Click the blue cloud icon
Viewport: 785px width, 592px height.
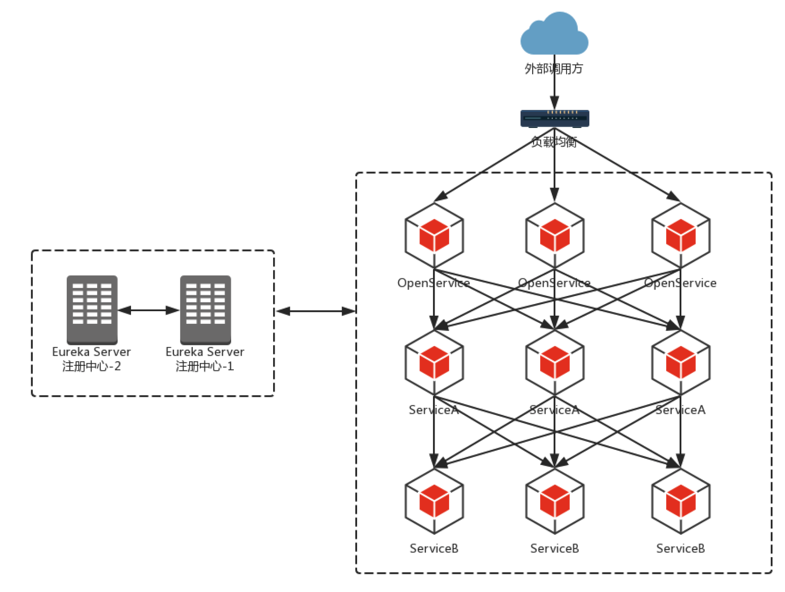(554, 34)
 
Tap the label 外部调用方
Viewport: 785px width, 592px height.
(554, 68)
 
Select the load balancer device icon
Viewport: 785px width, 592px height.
(555, 118)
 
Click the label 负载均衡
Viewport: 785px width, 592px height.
(554, 142)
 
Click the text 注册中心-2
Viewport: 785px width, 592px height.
(92, 366)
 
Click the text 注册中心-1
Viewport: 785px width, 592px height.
(205, 366)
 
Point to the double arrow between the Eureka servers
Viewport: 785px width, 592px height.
(149, 310)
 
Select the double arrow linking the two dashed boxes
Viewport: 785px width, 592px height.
(316, 311)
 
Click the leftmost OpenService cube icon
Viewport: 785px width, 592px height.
(434, 236)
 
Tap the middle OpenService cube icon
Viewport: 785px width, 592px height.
(555, 236)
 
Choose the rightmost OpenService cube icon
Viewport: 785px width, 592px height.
(681, 236)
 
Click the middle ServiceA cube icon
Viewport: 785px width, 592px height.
(555, 363)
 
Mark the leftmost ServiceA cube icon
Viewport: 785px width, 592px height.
(434, 363)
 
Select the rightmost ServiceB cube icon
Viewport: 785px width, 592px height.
(681, 501)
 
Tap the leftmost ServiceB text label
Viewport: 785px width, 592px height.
(434, 548)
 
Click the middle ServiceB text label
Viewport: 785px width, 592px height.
(554, 548)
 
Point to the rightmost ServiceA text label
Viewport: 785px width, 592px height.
(680, 410)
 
